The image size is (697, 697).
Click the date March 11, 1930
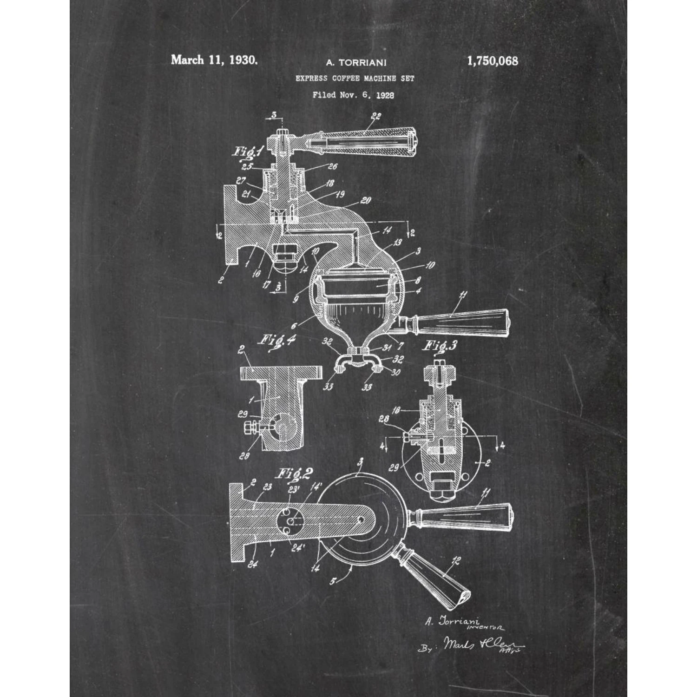tap(214, 60)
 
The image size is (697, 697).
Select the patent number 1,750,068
tap(493, 61)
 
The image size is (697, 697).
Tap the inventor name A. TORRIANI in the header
tap(356, 62)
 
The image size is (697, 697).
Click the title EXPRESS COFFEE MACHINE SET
tap(355, 79)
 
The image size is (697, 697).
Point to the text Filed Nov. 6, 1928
tap(353, 95)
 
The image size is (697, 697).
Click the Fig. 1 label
tap(248, 151)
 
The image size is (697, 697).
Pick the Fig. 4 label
tap(277, 340)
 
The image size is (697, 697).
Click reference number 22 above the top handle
tap(376, 117)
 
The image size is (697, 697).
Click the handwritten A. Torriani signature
tap(452, 621)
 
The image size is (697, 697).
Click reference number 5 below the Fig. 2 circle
tap(333, 581)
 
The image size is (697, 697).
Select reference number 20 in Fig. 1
tap(366, 200)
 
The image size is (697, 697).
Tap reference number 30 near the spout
tap(395, 372)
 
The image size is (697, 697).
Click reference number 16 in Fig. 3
tap(396, 411)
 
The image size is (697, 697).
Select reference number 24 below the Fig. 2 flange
tap(252, 565)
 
